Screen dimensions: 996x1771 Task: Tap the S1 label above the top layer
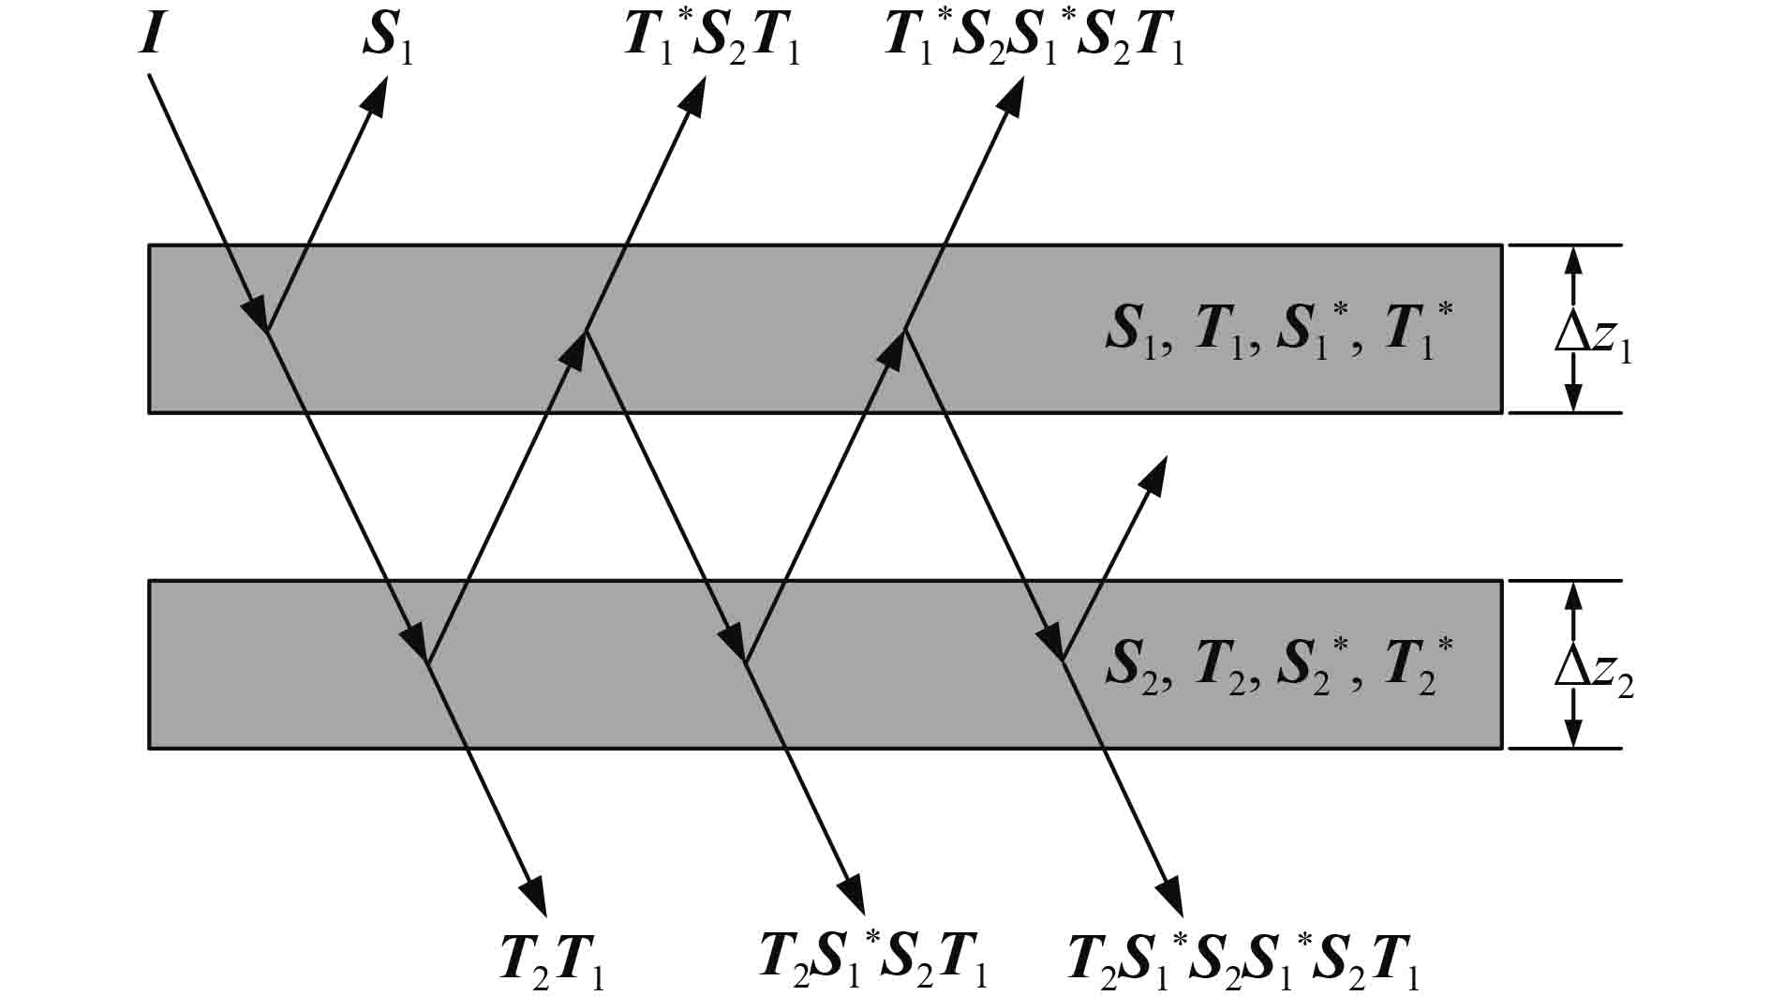click(x=387, y=43)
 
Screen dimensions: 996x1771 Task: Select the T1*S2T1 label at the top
click(x=711, y=43)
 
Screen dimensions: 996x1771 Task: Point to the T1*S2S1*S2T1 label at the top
click(x=1034, y=43)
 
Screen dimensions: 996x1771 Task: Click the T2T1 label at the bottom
click(x=553, y=961)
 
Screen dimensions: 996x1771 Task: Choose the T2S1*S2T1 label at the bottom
click(x=873, y=961)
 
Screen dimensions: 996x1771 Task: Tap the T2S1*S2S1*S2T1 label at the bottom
click(x=1243, y=961)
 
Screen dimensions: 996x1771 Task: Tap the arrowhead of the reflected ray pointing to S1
click(x=378, y=94)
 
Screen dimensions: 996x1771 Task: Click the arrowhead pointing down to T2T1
click(x=535, y=897)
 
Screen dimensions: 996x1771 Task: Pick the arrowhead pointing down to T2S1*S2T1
click(x=852, y=897)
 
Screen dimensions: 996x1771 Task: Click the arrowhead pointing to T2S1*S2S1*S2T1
click(x=1170, y=897)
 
